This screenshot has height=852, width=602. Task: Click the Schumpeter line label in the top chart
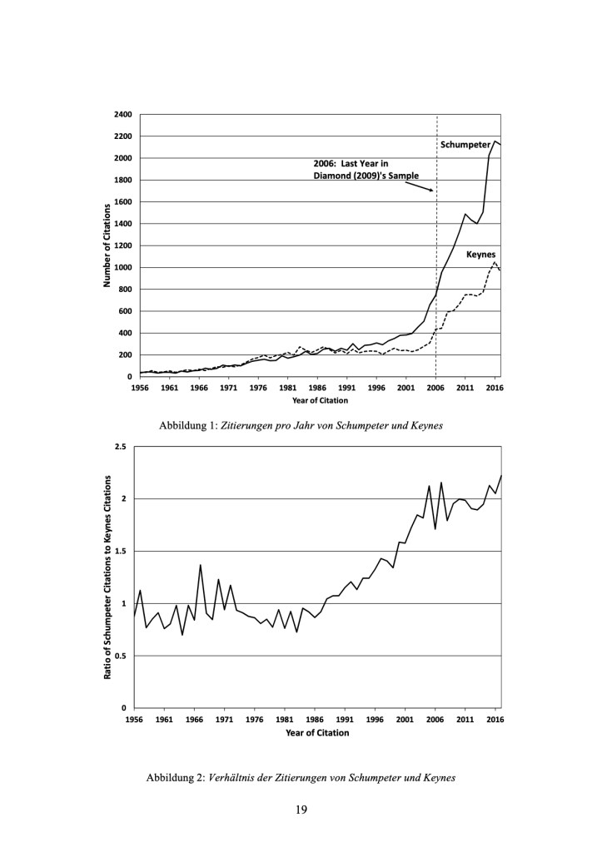point(465,145)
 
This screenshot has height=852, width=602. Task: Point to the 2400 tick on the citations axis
point(123,115)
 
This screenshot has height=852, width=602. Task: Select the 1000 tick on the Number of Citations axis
point(123,267)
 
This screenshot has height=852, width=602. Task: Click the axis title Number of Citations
point(107,245)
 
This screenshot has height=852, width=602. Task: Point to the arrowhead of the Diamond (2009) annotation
point(432,191)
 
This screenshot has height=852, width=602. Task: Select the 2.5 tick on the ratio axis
point(121,447)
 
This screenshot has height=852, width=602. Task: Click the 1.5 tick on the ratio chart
point(121,551)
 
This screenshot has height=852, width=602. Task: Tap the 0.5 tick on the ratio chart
point(121,656)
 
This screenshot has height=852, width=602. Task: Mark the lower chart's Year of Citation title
point(317,733)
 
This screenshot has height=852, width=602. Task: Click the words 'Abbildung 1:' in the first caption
point(187,426)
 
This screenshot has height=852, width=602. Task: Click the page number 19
point(301,810)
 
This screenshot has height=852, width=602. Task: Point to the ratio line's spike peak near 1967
point(200,565)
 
